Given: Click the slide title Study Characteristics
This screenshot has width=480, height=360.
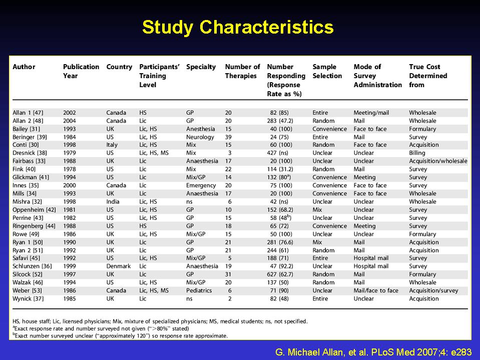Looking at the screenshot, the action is click(238, 28).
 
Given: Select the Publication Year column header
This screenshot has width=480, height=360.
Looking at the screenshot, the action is click(81, 71).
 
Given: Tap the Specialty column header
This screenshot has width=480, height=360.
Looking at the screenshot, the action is click(201, 67).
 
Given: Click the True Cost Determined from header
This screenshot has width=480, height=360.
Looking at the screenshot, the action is click(428, 76).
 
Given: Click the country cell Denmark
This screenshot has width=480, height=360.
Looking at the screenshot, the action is click(119, 266).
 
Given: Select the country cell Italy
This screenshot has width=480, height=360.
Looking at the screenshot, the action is click(112, 145).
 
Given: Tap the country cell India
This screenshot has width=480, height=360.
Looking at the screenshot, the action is click(113, 202).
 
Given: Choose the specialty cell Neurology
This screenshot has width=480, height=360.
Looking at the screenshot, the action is click(200, 137).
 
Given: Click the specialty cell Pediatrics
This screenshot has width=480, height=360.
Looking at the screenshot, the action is click(199, 290).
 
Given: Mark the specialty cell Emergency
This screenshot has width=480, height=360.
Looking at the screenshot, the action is click(201, 186).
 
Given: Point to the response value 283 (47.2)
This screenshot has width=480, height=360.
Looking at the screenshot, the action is click(280, 121).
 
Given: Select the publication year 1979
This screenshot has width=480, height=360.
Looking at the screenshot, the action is click(70, 153).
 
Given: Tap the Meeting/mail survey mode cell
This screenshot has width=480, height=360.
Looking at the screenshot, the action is click(371, 113).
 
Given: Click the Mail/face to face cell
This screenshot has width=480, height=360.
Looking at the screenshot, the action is click(376, 290).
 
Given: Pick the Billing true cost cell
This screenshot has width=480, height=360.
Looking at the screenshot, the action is click(417, 153).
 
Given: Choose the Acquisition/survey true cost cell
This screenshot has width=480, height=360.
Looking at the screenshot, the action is click(433, 290).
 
